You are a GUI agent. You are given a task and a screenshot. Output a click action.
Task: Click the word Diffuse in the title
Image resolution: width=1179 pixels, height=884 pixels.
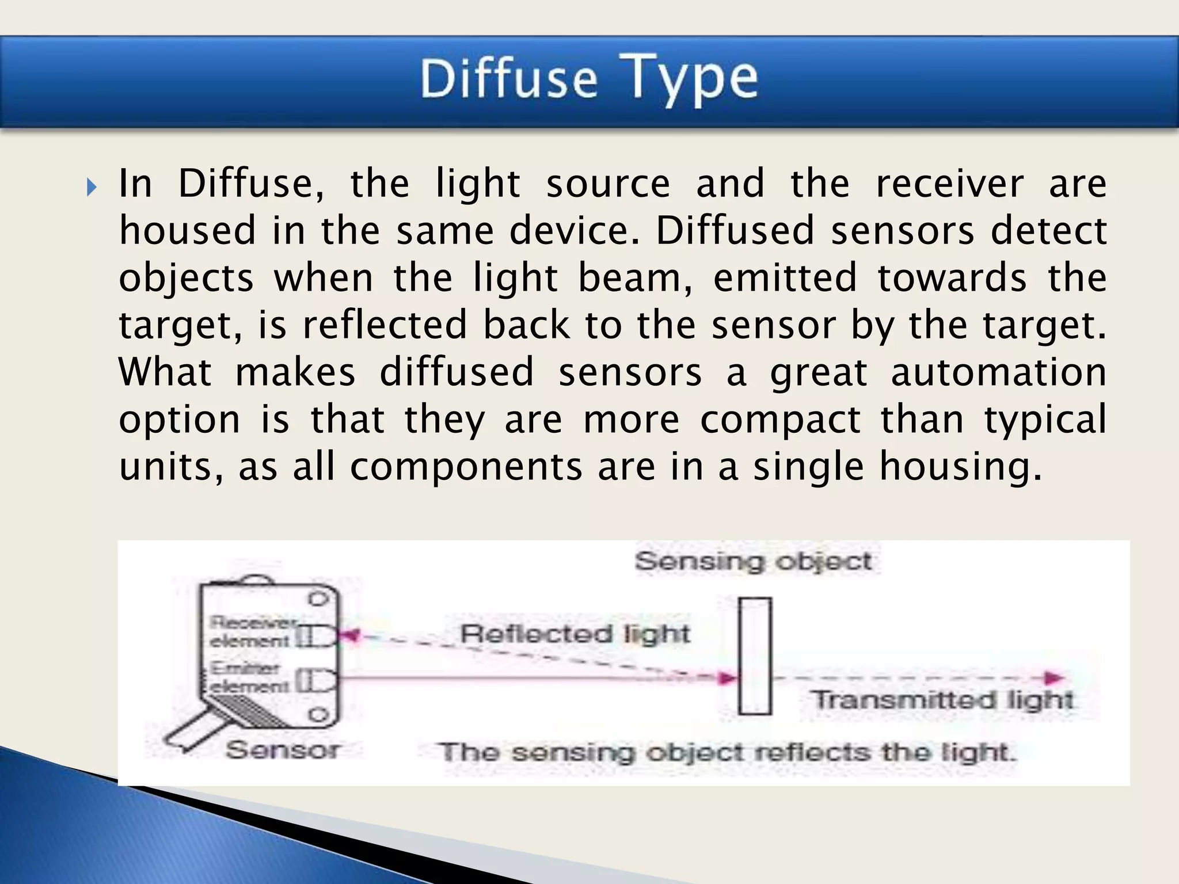(509, 79)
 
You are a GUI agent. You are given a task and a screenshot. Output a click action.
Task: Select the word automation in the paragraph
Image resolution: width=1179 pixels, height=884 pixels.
(998, 372)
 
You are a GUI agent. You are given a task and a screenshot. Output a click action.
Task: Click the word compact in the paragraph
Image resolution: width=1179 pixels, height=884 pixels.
(780, 420)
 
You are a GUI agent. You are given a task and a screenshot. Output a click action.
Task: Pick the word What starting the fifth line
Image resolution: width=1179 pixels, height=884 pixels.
(165, 372)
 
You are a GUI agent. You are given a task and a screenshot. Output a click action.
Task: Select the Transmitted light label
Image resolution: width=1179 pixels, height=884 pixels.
(942, 700)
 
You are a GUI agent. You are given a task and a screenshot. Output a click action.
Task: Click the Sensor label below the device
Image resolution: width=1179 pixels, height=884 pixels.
(282, 750)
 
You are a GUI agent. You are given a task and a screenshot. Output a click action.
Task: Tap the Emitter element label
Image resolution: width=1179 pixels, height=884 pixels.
(248, 677)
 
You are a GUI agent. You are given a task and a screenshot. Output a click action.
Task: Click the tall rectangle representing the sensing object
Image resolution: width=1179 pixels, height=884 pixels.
(755, 656)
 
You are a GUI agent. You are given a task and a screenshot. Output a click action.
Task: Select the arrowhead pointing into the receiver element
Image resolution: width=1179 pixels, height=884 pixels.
(349, 636)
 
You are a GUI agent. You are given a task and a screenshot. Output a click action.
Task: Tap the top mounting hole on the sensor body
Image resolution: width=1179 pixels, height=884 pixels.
(317, 599)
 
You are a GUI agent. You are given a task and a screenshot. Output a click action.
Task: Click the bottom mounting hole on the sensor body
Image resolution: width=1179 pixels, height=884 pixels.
(317, 715)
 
